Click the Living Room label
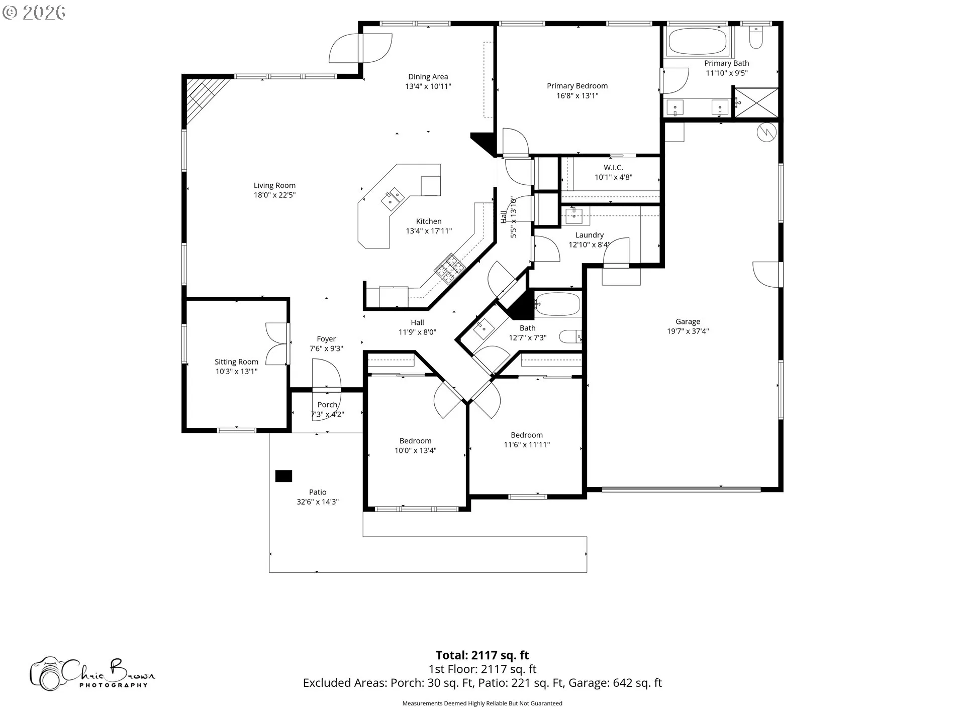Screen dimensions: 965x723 [274, 185]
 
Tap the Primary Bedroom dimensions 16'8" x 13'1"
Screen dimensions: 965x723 [577, 95]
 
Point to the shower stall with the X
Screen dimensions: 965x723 [756, 103]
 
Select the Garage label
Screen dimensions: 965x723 [688, 321]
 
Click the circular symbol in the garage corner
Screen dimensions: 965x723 [767, 132]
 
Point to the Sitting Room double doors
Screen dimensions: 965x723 [277, 343]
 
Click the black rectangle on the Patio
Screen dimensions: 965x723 [283, 476]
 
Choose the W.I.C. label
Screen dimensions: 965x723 [613, 167]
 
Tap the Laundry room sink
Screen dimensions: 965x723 [574, 216]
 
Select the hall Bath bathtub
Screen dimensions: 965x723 [558, 304]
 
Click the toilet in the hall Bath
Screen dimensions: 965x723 [570, 336]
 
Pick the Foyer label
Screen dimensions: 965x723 [326, 339]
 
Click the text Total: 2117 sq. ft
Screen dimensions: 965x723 [482, 655]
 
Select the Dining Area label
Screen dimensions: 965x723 [428, 77]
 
